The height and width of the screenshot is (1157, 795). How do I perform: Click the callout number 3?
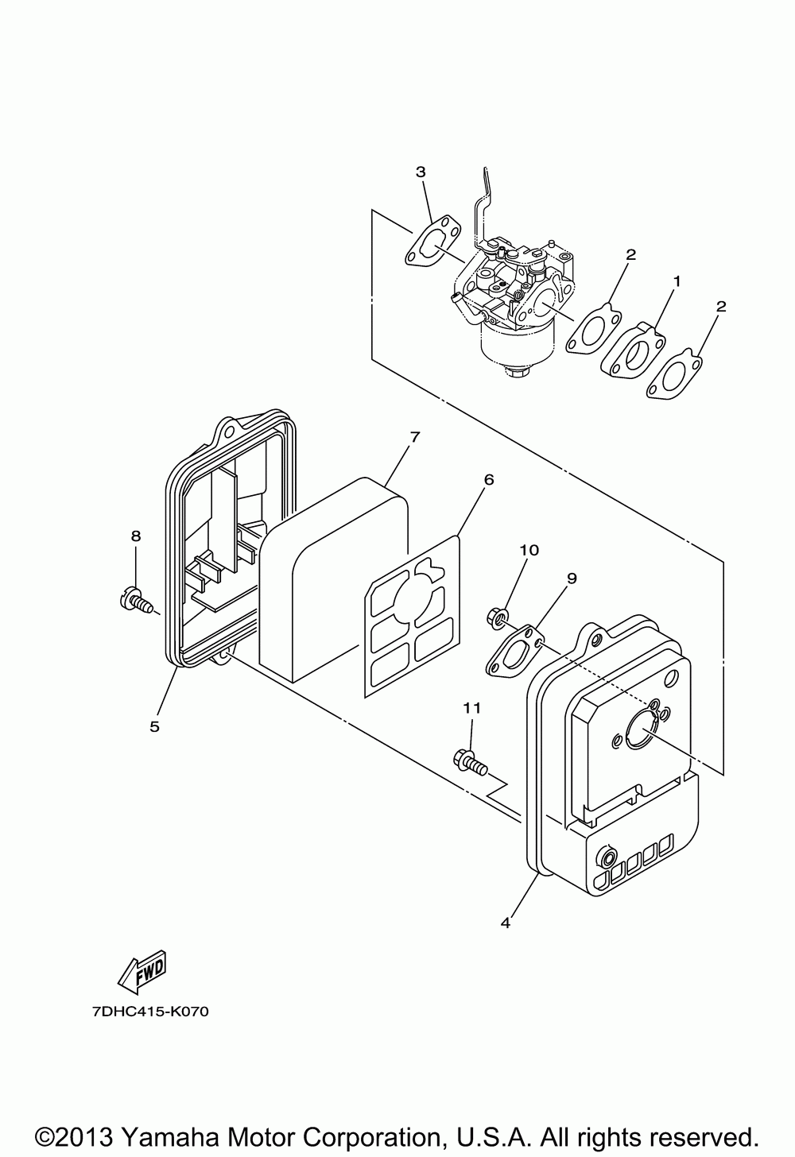(421, 172)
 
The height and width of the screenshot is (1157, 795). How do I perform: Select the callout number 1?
(677, 281)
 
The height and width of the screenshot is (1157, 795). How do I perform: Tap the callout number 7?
(414, 437)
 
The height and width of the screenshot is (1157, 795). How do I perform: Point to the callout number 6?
(488, 479)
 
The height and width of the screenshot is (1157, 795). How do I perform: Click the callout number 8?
(135, 536)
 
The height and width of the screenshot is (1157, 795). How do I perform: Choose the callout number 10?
(529, 550)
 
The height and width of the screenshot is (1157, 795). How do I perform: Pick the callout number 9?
(571, 578)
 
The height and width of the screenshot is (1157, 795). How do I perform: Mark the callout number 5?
(154, 726)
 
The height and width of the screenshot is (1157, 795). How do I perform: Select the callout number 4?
(506, 923)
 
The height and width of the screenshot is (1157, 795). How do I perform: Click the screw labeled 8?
(137, 598)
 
